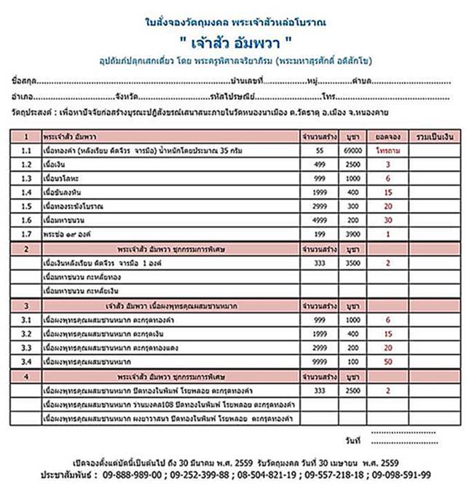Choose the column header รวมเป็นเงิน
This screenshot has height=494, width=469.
pos(430,136)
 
